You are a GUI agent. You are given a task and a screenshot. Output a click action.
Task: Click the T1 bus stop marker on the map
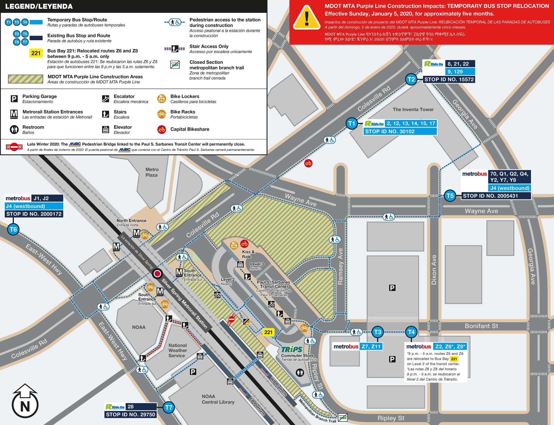352,123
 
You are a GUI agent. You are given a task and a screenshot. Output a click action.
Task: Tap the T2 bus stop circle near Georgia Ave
411,80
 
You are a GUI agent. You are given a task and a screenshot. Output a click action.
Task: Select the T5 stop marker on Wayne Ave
450,196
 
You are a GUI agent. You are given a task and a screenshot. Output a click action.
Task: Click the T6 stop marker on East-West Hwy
13,230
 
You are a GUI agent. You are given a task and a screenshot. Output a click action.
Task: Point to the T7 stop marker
168,408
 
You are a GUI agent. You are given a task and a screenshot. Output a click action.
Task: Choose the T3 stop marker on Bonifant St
378,332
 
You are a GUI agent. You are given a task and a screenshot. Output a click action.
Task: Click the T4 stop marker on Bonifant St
411,332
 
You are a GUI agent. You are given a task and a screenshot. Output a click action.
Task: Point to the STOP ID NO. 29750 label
130,414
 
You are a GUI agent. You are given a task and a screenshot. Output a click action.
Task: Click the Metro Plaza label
152,172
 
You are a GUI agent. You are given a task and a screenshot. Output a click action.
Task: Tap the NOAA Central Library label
218,399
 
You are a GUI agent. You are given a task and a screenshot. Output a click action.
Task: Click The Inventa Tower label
413,110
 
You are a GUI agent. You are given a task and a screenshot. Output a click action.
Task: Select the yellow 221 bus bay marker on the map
268,332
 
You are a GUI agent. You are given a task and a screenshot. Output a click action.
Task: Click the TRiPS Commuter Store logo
292,349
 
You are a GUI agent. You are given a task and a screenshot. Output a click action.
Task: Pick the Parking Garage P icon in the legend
14,99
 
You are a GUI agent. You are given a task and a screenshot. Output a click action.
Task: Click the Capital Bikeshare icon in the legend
162,129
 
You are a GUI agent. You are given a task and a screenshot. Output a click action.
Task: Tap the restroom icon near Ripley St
300,373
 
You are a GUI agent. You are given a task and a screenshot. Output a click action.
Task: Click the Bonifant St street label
481,326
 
